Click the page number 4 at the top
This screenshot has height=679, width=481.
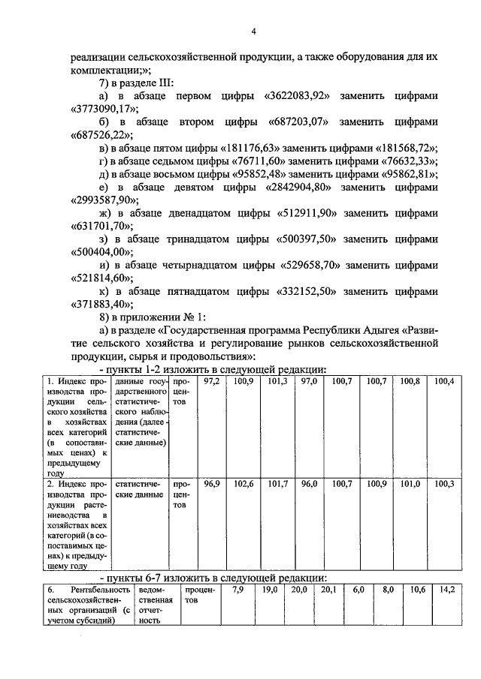(x=253, y=31)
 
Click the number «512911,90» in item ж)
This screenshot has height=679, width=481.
(x=301, y=213)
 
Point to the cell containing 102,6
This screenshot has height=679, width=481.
(x=244, y=485)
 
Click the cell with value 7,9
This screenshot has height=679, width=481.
(x=237, y=590)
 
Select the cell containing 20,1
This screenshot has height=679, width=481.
(x=328, y=590)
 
